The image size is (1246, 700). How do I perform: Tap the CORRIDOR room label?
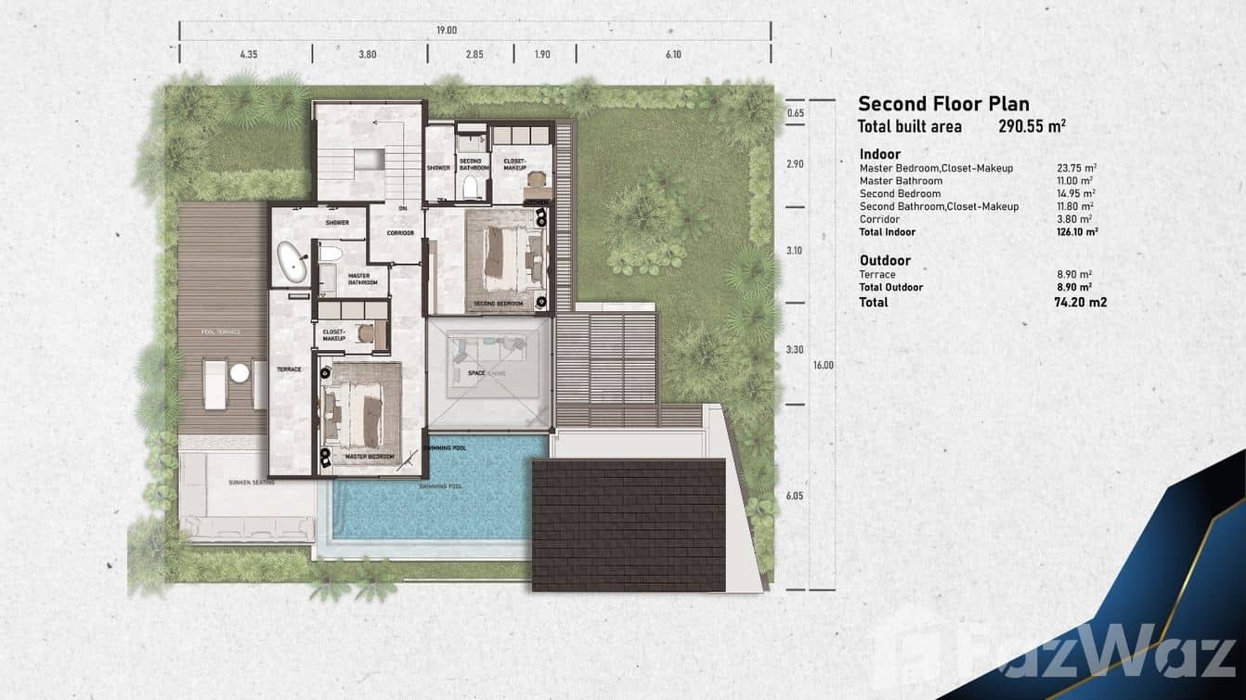tap(400, 233)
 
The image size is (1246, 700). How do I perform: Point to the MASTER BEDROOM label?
tap(370, 457)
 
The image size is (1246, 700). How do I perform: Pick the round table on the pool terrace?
tap(240, 372)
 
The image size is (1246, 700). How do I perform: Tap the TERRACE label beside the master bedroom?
tap(289, 369)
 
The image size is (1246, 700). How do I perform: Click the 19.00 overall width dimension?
tap(447, 31)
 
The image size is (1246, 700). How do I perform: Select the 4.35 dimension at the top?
tap(248, 55)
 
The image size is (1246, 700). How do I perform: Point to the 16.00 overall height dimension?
tap(823, 365)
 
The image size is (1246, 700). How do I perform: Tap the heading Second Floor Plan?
tap(943, 104)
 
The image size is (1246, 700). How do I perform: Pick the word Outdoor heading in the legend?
tap(885, 261)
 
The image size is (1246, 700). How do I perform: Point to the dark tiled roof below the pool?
tap(629, 525)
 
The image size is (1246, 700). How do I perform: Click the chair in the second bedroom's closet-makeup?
tap(537, 179)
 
